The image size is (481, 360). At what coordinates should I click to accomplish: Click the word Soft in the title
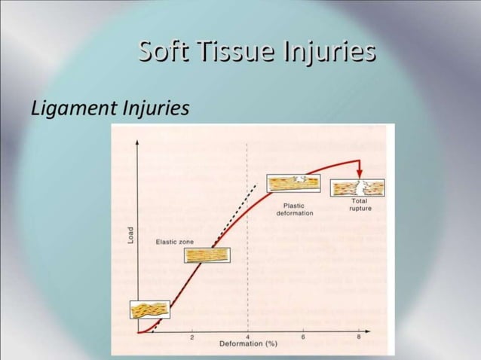click(163, 52)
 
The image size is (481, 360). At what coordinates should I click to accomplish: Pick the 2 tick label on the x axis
click(191, 337)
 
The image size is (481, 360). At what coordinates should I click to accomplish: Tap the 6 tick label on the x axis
click(303, 336)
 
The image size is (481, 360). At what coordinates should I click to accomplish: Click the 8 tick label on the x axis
click(359, 336)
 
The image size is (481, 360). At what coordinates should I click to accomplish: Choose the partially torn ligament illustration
click(294, 183)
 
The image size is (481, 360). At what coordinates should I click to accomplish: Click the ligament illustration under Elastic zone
click(207, 255)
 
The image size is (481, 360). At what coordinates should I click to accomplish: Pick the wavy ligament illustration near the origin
click(151, 310)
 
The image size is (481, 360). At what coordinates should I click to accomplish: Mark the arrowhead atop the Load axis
click(137, 141)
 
